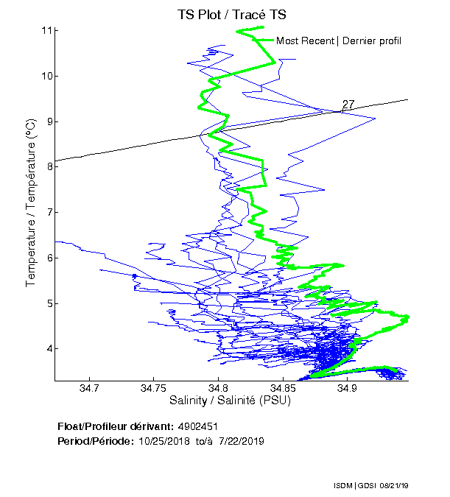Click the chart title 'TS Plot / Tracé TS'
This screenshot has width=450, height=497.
coord(231,14)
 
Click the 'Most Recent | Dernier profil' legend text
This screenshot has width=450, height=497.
coord(338,40)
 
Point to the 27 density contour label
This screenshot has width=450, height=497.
coord(348,105)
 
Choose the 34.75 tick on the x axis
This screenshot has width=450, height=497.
coord(153,388)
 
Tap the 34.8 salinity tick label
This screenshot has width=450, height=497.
coord(217,388)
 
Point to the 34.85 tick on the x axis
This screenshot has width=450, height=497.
coord(282,388)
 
